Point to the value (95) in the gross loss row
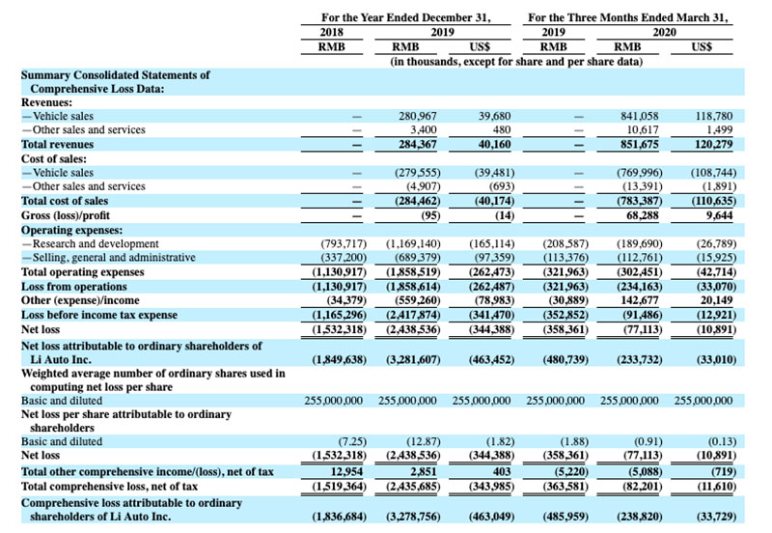[x=428, y=214]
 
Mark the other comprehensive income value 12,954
[x=344, y=470]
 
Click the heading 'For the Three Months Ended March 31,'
[x=628, y=16]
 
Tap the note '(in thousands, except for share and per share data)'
[x=515, y=60]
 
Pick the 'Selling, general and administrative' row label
[x=114, y=258]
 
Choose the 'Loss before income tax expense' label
[x=99, y=314]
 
